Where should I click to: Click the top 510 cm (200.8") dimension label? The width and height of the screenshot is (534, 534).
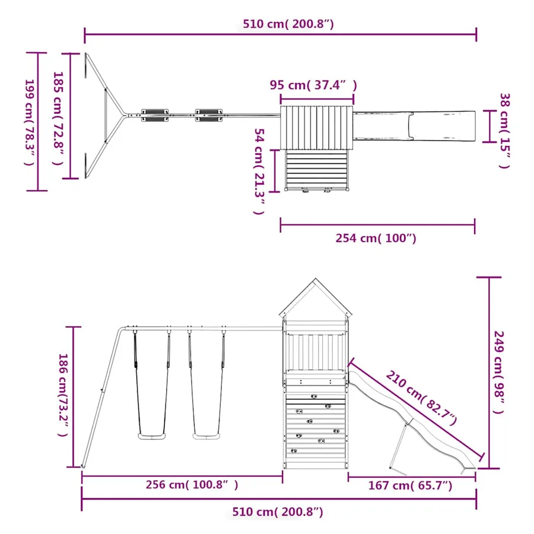pos(288,24)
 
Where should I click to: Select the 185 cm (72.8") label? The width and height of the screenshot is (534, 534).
pos(58,118)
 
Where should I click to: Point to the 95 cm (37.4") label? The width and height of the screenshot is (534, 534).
pos(313,85)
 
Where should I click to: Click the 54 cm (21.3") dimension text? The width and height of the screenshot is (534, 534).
pos(259,171)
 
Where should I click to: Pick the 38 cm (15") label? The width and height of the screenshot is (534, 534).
pos(504,131)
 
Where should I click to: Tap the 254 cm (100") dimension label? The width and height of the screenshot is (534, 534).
pos(376,238)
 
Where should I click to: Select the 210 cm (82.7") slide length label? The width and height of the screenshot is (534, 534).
pos(421,399)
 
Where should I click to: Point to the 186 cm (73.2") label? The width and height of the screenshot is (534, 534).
pos(63,395)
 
